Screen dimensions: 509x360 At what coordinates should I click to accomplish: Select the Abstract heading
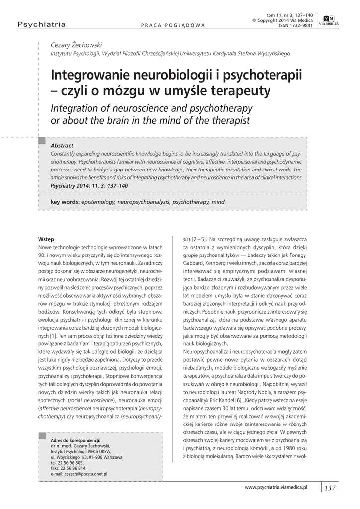click(x=62, y=145)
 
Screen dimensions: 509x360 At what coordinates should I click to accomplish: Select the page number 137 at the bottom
click(x=330, y=488)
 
